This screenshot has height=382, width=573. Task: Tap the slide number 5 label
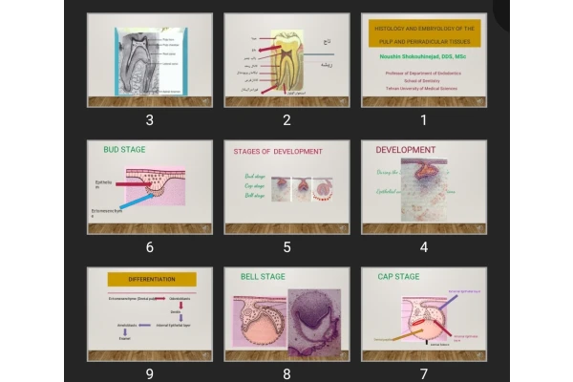[286, 247]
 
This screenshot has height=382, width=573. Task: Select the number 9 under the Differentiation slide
[149, 373]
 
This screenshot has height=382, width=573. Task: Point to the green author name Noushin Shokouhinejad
[423, 57]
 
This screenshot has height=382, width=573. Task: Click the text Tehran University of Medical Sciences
[423, 87]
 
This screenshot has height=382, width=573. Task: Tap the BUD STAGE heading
[124, 150]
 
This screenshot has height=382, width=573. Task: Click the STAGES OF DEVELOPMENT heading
[278, 152]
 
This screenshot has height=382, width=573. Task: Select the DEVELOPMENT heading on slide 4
[405, 150]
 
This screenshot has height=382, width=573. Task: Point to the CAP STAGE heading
[398, 277]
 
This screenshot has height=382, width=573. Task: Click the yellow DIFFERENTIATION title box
[150, 280]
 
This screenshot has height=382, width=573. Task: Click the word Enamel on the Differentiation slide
[124, 340]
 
